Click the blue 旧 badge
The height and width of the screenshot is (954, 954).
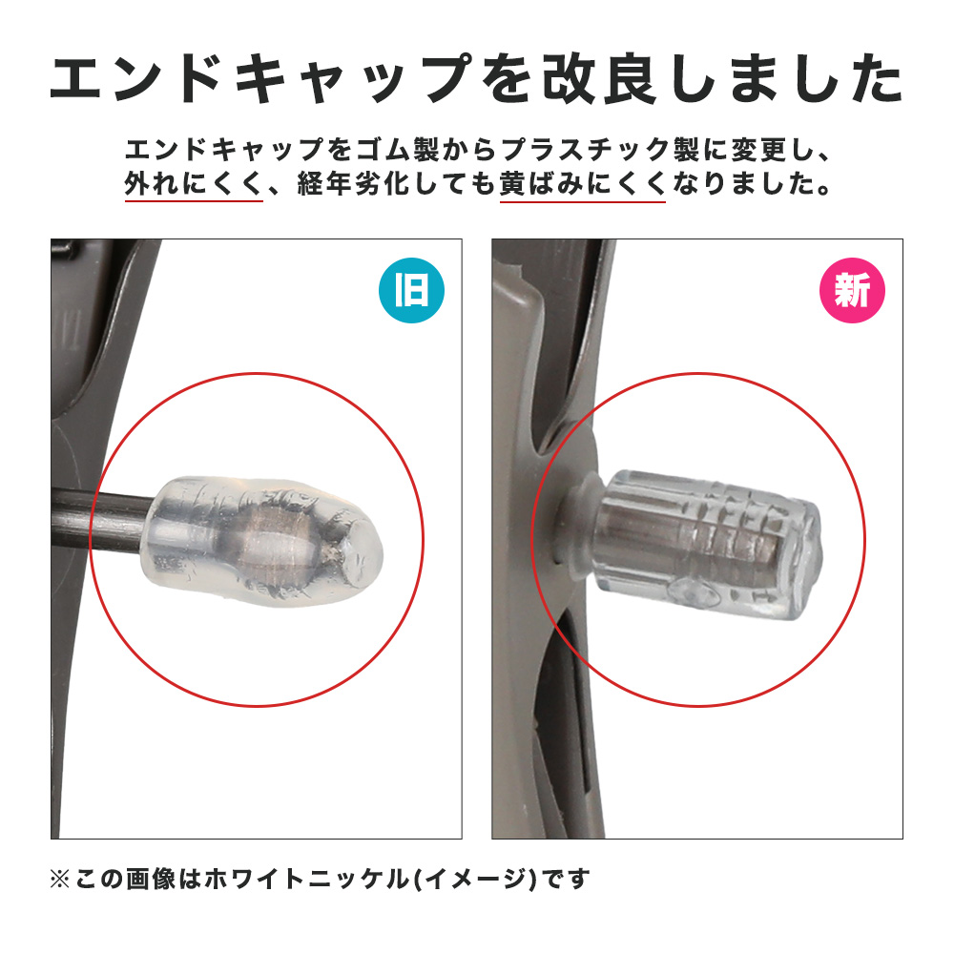[411, 290]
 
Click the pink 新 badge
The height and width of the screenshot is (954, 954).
[852, 290]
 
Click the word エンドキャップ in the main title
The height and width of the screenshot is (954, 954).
[262, 80]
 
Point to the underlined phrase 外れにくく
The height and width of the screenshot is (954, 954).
[194, 184]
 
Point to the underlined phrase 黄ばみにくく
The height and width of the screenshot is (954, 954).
[582, 184]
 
